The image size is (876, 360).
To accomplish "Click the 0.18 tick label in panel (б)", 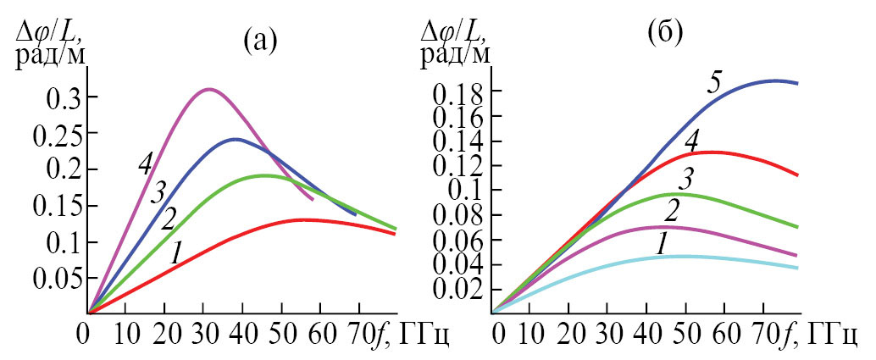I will pyautogui.click(x=462, y=91).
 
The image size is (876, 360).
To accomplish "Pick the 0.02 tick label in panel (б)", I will pyautogui.click(x=462, y=291).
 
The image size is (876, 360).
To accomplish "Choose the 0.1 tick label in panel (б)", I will pyautogui.click(x=468, y=191).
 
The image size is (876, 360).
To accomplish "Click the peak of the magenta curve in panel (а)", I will pyautogui.click(x=208, y=89).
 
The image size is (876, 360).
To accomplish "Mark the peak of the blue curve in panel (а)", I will pyautogui.click(x=235, y=139).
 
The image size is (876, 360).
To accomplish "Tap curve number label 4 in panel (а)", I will pyautogui.click(x=145, y=164).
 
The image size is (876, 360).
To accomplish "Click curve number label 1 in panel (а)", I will pyautogui.click(x=177, y=252).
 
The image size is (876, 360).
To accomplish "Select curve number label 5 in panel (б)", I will pyautogui.click(x=716, y=83).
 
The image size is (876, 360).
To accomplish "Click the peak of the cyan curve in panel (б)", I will pyautogui.click(x=678, y=256).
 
